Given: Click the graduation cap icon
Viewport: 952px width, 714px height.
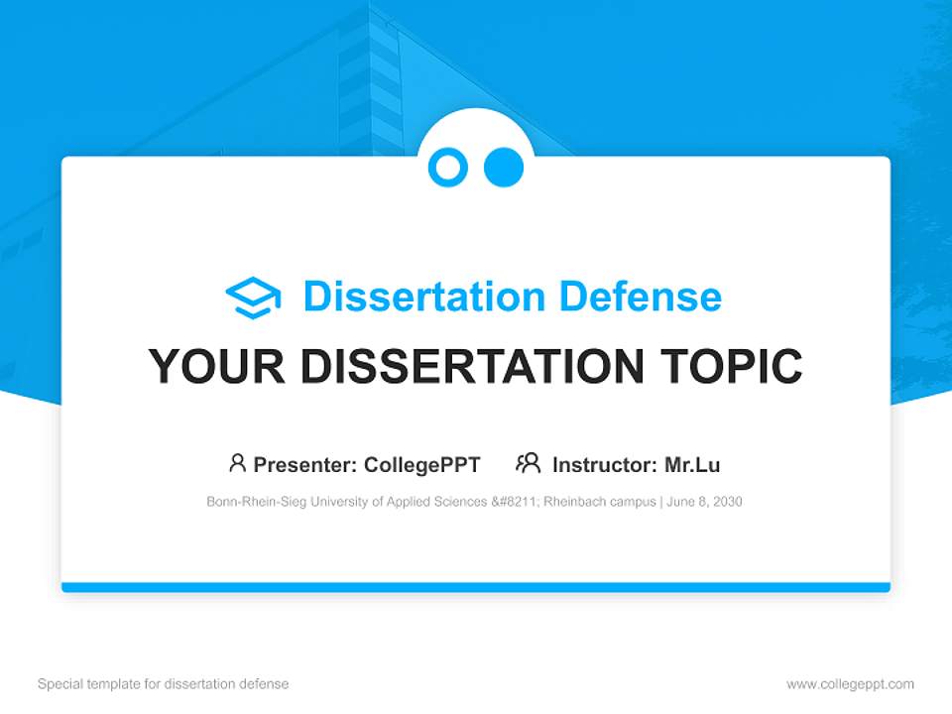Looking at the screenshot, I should [253, 297].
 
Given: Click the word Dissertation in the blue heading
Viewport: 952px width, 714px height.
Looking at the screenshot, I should [423, 297].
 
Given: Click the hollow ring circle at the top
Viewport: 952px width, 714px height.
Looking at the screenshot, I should [448, 167].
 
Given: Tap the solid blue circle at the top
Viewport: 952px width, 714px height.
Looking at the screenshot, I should [504, 167].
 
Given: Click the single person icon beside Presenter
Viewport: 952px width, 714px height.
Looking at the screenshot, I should [237, 463].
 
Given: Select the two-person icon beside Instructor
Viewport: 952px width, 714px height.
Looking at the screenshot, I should [529, 463].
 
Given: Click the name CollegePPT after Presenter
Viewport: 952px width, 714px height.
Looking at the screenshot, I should [422, 465].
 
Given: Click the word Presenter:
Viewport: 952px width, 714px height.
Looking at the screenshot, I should [305, 465].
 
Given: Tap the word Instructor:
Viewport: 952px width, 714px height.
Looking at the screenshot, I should [604, 465].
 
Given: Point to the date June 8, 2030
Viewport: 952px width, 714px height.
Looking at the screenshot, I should [706, 502].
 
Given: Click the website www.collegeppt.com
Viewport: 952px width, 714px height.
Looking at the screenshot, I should [850, 684].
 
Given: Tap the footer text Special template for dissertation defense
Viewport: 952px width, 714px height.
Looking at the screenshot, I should [164, 684].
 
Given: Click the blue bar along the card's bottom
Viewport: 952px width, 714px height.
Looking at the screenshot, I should [476, 587].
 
